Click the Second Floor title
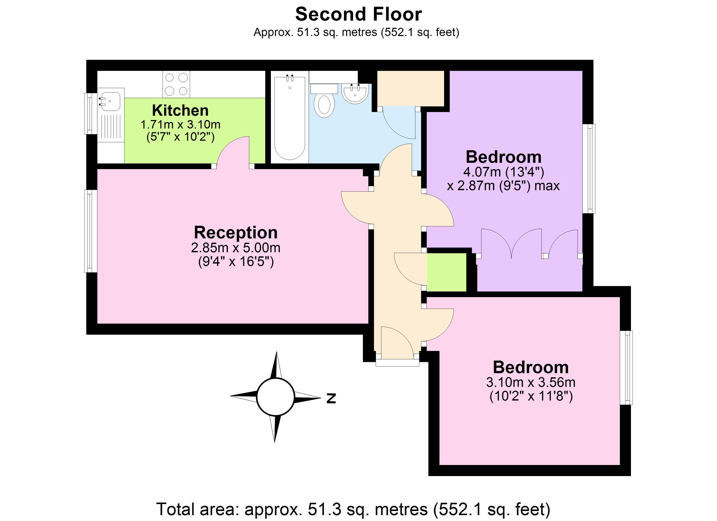coord(358,15)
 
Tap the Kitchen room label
coord(180,110)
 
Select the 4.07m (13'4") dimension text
coord(503,172)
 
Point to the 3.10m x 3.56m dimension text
coord(531,383)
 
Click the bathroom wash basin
coord(355,93)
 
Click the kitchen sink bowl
coord(109,101)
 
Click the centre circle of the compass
coord(275,397)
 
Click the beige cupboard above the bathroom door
coord(411,89)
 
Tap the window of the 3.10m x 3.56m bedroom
coord(626,368)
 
